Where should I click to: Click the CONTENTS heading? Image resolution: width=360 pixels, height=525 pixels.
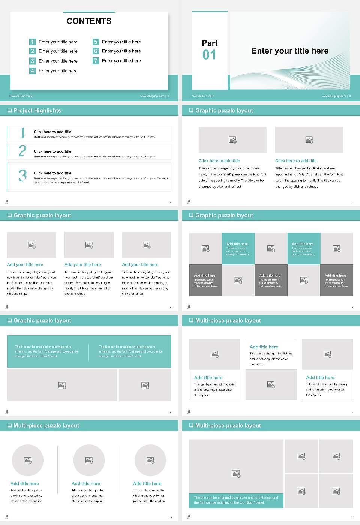click(89, 21)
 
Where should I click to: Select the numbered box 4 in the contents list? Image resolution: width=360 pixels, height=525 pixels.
click(32, 70)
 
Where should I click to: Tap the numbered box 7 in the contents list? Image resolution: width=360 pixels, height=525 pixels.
click(96, 61)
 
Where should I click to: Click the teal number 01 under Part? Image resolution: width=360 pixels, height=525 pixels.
click(209, 55)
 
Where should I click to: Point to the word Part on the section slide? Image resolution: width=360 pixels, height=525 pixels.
click(210, 43)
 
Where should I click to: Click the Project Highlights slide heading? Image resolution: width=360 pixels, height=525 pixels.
click(37, 110)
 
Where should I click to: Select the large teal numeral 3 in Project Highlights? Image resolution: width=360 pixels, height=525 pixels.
click(22, 175)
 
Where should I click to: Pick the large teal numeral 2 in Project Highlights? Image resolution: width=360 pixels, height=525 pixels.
click(22, 151)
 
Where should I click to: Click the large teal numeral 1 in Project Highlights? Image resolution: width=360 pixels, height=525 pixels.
click(22, 132)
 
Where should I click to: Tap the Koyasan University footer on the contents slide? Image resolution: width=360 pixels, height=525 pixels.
click(21, 96)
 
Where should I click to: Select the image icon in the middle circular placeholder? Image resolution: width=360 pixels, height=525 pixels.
click(89, 460)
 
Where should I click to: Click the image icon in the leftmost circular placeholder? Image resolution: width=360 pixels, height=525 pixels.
click(28, 460)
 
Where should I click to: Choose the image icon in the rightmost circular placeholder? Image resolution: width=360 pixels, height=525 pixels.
click(150, 460)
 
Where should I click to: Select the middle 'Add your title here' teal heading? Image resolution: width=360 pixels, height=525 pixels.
click(82, 264)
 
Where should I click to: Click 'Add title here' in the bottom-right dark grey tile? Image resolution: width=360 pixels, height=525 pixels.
click(335, 275)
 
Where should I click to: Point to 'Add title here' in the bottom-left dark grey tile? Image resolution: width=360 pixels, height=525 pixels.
click(204, 275)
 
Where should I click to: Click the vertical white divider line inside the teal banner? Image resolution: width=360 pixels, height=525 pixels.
click(89, 351)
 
